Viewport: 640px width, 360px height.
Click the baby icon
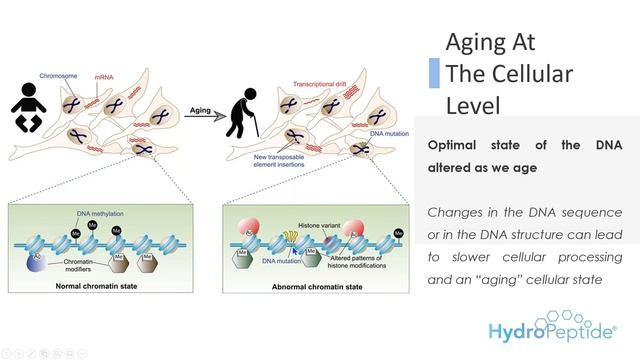pyautogui.click(x=29, y=106)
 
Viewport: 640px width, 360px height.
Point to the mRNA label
pyautogui.click(x=104, y=76)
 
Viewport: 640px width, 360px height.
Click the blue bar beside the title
pyautogui.click(x=434, y=73)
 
